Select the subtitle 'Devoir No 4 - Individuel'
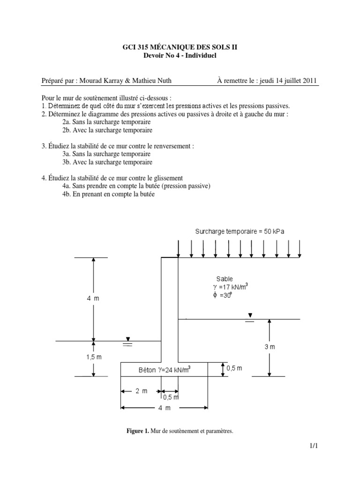click(180, 56)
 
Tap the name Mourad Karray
click(100, 81)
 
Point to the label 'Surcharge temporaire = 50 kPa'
click(240, 232)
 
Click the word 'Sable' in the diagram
click(225, 279)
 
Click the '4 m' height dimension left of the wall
click(93, 298)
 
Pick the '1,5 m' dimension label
click(93, 357)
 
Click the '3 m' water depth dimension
click(269, 347)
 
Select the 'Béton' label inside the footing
click(148, 370)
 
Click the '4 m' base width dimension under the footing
click(164, 408)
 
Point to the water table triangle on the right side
click(250, 315)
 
